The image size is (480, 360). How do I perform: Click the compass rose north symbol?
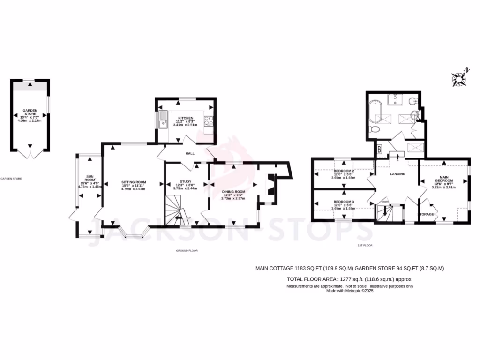[459, 78]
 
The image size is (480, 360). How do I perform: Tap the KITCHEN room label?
[185, 118]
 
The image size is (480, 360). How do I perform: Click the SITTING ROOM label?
[134, 182]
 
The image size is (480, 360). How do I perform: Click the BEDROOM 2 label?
[343, 171]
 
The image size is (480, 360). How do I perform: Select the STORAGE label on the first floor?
[426, 214]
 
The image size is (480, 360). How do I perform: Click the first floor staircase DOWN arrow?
[385, 212]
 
